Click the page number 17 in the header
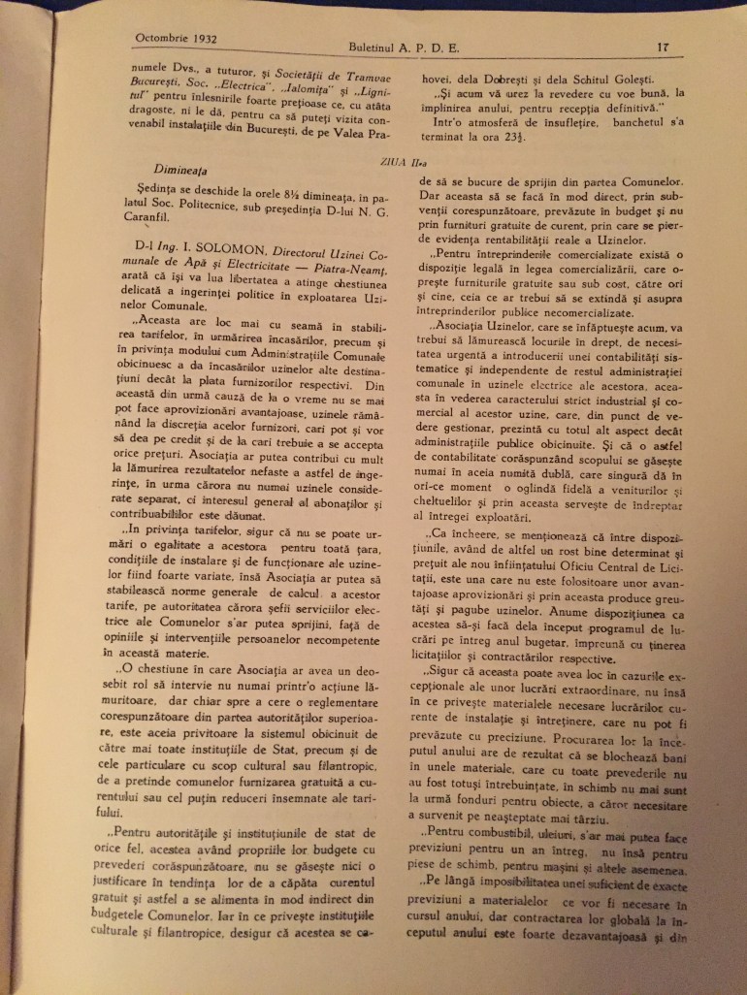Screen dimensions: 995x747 pos(663,45)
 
